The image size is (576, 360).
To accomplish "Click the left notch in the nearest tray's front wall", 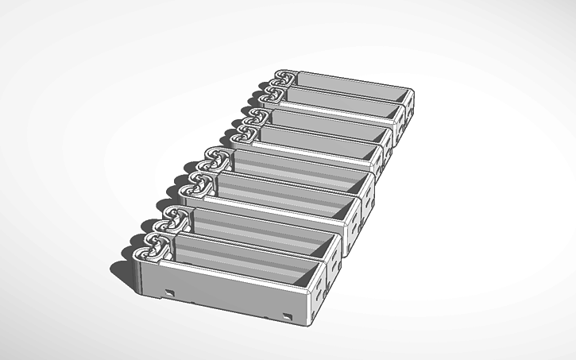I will tap(169, 291).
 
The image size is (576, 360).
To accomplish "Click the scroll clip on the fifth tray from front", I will tap(248, 131).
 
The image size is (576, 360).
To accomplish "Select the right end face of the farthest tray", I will tap(409, 105).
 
